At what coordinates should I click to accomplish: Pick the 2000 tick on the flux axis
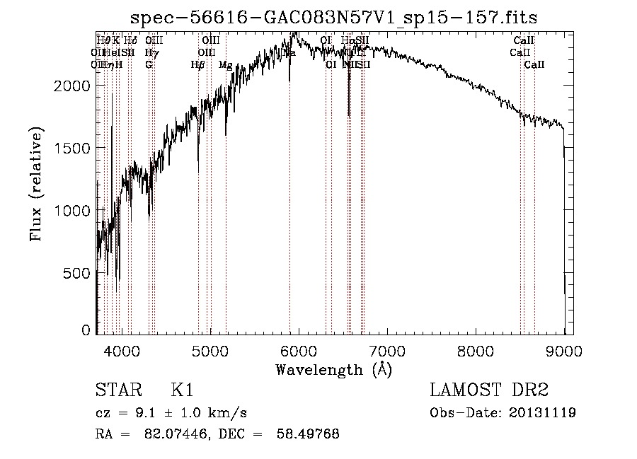(x=73, y=85)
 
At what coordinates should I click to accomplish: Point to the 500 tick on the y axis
(x=78, y=273)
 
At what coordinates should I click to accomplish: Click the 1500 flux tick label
(x=73, y=148)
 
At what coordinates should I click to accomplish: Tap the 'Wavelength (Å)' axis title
(x=333, y=369)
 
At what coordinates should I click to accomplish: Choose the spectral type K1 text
(x=182, y=390)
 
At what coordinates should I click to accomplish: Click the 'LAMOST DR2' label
(x=488, y=390)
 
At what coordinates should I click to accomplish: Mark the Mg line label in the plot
(x=226, y=64)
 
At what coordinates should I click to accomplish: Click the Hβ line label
(x=197, y=64)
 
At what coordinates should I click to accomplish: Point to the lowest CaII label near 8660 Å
(x=534, y=64)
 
